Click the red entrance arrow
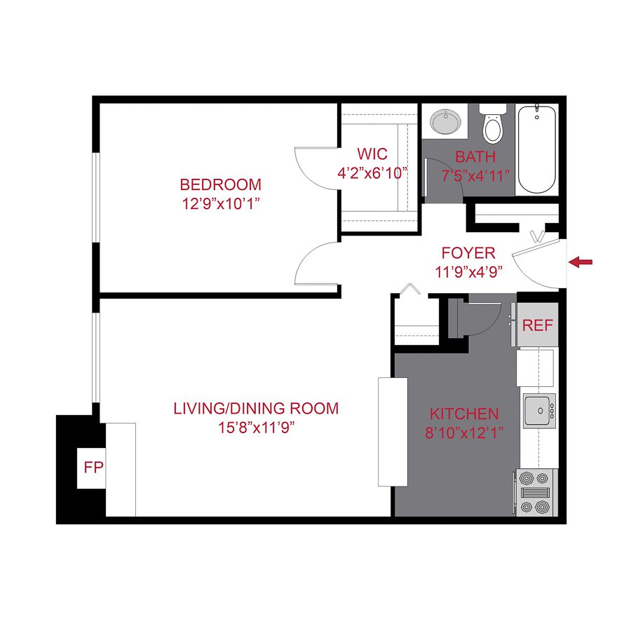[x=581, y=262]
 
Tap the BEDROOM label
[x=220, y=185]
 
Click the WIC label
[x=372, y=154]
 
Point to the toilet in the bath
[x=494, y=125]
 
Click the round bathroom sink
[x=444, y=122]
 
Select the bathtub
[x=537, y=150]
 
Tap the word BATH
[x=475, y=156]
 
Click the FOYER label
[x=468, y=253]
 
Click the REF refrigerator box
[x=537, y=325]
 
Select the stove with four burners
[x=536, y=493]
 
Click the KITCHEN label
[x=463, y=414]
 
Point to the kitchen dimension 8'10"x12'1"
[x=463, y=433]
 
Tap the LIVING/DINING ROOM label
[x=256, y=408]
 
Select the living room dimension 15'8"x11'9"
[x=256, y=427]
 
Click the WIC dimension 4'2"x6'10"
[x=372, y=172]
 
